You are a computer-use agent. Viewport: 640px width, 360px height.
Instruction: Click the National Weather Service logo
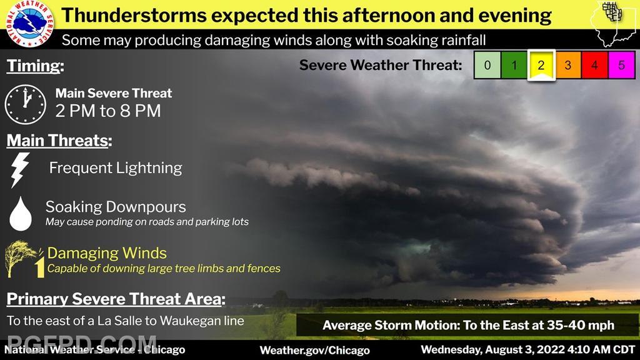29,23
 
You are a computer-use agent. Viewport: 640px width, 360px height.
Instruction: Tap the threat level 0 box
487,65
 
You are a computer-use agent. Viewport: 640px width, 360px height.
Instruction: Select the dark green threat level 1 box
514,65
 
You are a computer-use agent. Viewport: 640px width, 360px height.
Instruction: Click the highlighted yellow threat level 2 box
541,65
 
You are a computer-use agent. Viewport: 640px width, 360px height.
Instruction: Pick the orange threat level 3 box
567,65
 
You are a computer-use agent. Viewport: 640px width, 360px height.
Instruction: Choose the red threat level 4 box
594,65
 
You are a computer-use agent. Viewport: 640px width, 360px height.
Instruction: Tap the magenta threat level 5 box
621,65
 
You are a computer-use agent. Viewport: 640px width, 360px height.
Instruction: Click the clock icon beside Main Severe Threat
25,104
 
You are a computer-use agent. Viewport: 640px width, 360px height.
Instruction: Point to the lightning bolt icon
20,170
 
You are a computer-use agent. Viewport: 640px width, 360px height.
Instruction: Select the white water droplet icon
21,214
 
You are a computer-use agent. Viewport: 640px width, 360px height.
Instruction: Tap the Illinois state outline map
614,24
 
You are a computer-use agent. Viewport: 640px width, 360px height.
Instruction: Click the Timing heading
35,66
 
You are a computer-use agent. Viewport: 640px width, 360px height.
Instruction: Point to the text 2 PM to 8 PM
108,111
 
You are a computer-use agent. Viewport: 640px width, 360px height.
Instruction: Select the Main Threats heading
59,141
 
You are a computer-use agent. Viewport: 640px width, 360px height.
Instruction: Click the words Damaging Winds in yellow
107,253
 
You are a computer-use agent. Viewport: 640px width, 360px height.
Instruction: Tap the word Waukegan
191,321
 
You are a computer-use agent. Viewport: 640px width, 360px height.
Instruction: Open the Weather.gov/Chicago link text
315,350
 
